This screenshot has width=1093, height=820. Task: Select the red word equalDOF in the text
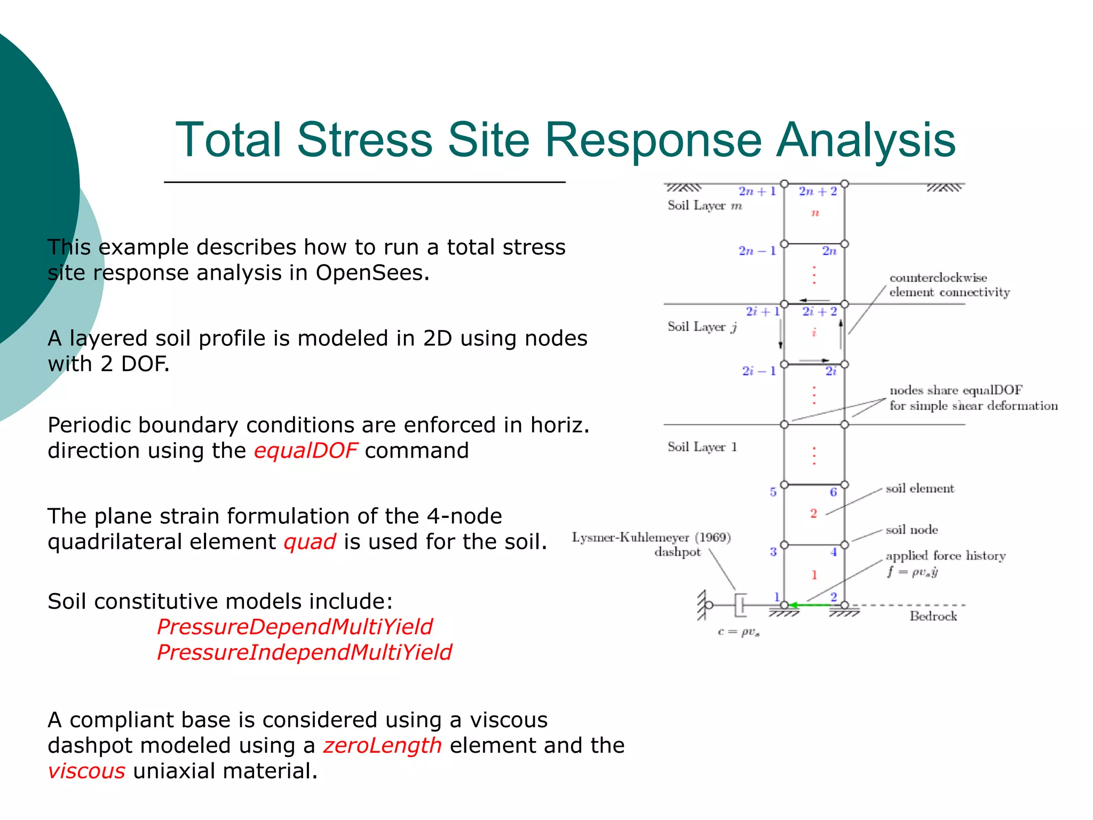(305, 451)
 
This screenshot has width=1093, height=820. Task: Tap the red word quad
(310, 542)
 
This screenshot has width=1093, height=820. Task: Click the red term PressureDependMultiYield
(295, 627)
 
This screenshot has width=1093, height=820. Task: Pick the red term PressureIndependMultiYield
(304, 652)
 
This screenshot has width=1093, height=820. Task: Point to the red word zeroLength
(382, 745)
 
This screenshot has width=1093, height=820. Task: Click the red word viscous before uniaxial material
(86, 771)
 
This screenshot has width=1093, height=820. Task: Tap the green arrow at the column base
(810, 605)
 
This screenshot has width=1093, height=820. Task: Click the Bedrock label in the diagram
(933, 617)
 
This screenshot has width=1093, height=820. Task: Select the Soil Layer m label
(704, 206)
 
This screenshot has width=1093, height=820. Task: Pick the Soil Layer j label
(702, 327)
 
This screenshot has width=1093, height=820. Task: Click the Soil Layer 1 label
(702, 447)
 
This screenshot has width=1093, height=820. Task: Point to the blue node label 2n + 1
(757, 191)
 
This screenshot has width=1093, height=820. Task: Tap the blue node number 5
(773, 492)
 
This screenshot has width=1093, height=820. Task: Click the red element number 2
(813, 514)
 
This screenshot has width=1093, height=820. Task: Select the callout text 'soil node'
(912, 530)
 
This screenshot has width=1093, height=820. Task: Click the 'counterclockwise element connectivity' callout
(949, 285)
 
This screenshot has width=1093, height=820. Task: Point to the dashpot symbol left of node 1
(740, 605)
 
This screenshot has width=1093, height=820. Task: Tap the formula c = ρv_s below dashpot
(739, 632)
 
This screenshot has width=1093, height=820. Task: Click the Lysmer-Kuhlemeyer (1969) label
(651, 538)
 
